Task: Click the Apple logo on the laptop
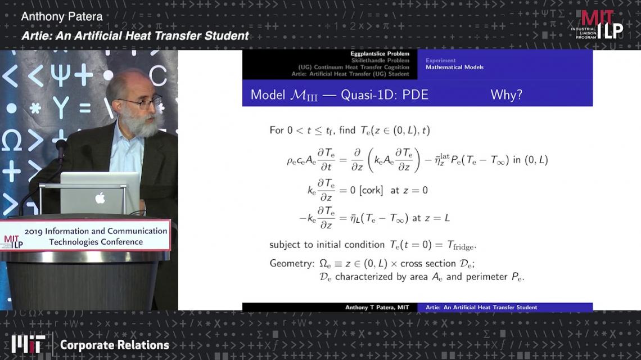tap(100, 198)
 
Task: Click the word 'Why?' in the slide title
tap(507, 95)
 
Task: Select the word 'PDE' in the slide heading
tap(416, 95)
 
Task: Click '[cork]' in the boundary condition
tap(371, 190)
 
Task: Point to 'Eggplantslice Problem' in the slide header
tap(380, 53)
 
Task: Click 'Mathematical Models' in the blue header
tap(454, 67)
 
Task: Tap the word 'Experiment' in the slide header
tap(441, 61)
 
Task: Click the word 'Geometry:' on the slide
tap(292, 263)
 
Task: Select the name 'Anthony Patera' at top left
tap(62, 17)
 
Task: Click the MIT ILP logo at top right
tap(597, 25)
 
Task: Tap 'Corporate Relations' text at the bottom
tap(115, 345)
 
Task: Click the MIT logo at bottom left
tap(28, 344)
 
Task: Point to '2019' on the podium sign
tap(34, 232)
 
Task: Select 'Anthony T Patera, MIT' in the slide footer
tap(377, 307)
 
